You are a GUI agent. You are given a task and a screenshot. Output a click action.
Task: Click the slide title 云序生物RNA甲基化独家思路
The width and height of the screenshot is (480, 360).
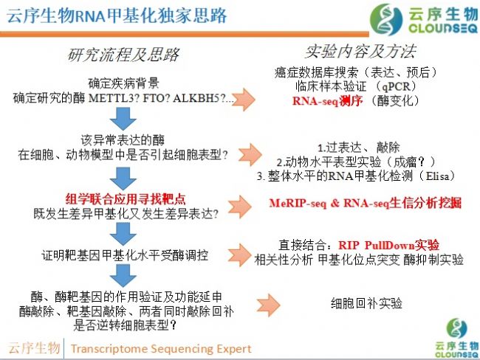(117, 15)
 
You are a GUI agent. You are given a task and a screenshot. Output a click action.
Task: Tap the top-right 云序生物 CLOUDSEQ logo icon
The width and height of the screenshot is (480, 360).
(386, 19)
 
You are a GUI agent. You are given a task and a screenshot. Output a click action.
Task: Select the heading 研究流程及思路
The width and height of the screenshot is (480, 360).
(123, 55)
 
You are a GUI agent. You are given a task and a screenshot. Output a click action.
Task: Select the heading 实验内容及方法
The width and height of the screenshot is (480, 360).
(360, 51)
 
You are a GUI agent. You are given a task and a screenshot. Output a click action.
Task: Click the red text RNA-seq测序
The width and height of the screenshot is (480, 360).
(327, 100)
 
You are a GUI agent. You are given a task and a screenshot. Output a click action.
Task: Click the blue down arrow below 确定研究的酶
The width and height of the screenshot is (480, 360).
(123, 118)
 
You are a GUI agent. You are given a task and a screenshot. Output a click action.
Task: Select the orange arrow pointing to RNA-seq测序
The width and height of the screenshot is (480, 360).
(243, 100)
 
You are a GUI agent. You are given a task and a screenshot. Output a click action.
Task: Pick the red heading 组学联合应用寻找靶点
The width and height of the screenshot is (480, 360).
(126, 199)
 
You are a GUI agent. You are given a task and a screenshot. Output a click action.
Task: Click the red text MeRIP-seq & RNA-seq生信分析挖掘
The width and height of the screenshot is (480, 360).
(366, 203)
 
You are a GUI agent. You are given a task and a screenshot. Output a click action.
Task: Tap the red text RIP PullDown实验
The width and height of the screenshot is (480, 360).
(388, 245)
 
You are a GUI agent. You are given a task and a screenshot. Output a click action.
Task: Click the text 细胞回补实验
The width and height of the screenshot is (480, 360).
(366, 303)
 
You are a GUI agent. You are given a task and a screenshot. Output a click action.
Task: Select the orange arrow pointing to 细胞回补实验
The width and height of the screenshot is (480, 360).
(269, 305)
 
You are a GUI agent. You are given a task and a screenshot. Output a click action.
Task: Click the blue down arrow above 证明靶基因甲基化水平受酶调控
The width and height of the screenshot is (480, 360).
(123, 234)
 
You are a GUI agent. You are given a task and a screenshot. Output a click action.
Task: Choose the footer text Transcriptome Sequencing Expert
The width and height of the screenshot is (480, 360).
(161, 348)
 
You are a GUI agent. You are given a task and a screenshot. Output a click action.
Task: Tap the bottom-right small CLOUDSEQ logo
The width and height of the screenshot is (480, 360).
(456, 339)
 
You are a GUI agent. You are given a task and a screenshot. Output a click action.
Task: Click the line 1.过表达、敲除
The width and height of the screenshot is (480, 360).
(358, 148)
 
